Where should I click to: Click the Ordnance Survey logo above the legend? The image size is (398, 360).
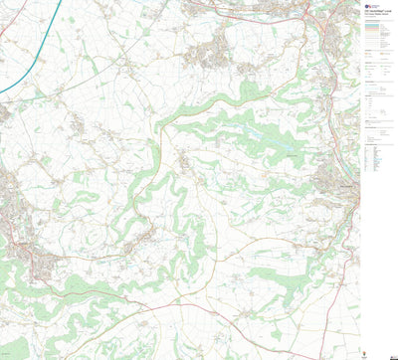coord(369,5)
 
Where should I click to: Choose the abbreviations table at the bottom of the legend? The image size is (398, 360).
coord(375,159)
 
